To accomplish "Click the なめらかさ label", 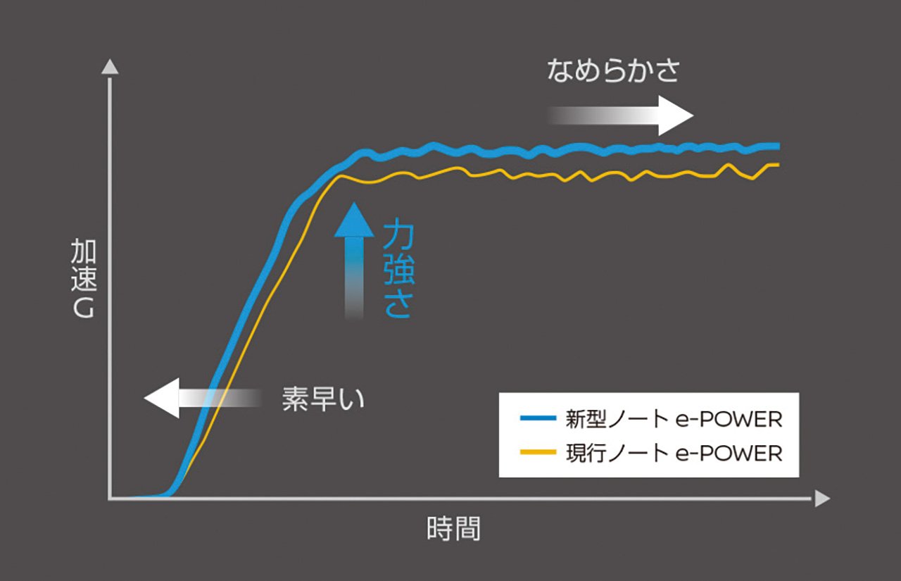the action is click(x=613, y=71).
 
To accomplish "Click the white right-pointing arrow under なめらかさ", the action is click(x=622, y=116).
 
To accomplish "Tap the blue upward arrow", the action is click(x=354, y=261).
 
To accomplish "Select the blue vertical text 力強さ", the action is click(x=398, y=268).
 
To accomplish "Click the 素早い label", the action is click(x=323, y=399).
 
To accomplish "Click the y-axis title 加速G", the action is click(x=84, y=278).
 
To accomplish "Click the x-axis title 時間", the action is click(x=453, y=529).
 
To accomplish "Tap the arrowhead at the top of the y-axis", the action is click(x=110, y=67).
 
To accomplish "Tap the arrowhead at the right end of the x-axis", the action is click(x=823, y=499).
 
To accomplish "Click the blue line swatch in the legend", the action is click(x=538, y=418).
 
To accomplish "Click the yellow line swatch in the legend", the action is click(x=538, y=452).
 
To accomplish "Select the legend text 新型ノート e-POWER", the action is click(x=674, y=419).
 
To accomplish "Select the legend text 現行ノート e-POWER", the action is click(x=674, y=453).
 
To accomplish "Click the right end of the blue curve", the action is click(x=779, y=146).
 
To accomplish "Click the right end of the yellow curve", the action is click(x=779, y=165).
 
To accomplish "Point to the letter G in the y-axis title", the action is click(x=84, y=308).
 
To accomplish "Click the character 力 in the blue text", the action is click(x=398, y=233).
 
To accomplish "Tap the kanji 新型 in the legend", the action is click(x=586, y=419).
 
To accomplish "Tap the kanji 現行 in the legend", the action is click(x=586, y=453).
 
